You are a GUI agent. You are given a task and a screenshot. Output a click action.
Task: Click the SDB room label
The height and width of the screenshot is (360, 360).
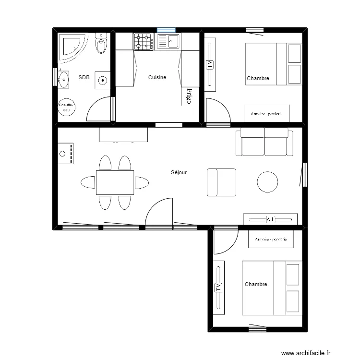(84, 77)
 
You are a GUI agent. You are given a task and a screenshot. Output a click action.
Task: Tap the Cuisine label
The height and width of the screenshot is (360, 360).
(157, 77)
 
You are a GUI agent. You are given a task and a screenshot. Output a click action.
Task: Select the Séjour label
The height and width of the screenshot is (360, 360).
(179, 172)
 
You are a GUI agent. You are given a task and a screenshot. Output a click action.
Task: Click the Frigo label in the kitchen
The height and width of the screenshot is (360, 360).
(189, 96)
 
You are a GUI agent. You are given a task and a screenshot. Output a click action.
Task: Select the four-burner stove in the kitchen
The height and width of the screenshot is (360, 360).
(144, 41)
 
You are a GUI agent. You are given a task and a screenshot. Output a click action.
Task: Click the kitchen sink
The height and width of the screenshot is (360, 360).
(168, 41)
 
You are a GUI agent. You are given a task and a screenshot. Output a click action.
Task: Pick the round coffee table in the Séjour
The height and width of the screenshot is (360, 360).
(267, 182)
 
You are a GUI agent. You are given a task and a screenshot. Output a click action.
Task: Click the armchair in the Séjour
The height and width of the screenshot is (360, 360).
(221, 182)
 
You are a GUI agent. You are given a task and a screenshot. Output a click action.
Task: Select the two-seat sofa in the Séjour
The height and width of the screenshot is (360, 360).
(264, 142)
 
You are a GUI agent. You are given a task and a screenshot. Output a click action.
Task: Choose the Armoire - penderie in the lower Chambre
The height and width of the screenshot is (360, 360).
(271, 239)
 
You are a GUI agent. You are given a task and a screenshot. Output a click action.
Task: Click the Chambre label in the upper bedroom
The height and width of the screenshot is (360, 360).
(258, 79)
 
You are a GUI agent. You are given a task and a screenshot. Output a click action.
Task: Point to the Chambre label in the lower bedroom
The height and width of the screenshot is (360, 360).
(256, 285)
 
